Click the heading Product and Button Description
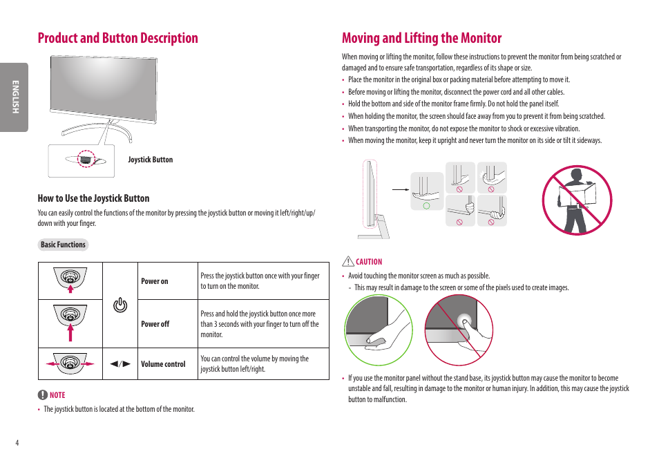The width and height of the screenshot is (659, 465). click(x=118, y=38)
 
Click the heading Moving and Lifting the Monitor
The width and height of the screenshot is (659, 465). click(x=421, y=38)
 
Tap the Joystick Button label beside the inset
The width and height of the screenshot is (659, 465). click(x=151, y=160)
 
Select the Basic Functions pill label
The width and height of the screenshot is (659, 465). click(x=63, y=245)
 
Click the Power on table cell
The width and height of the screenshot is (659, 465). click(x=155, y=281)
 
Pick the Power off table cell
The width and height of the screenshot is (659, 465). click(x=155, y=324)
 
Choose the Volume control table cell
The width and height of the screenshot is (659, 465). click(x=163, y=364)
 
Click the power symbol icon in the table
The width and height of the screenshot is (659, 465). click(x=120, y=305)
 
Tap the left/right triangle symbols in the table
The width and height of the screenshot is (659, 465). click(x=120, y=364)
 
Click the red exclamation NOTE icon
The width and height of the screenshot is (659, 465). click(x=43, y=395)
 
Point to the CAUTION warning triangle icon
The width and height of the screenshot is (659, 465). click(x=348, y=262)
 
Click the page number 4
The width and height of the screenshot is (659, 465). click(x=17, y=442)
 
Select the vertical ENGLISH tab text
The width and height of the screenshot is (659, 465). click(x=14, y=97)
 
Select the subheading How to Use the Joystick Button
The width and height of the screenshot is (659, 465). click(x=93, y=198)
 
